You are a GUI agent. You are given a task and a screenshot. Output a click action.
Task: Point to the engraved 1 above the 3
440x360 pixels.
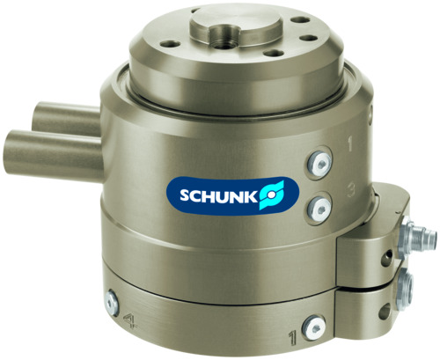tap(349, 141)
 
